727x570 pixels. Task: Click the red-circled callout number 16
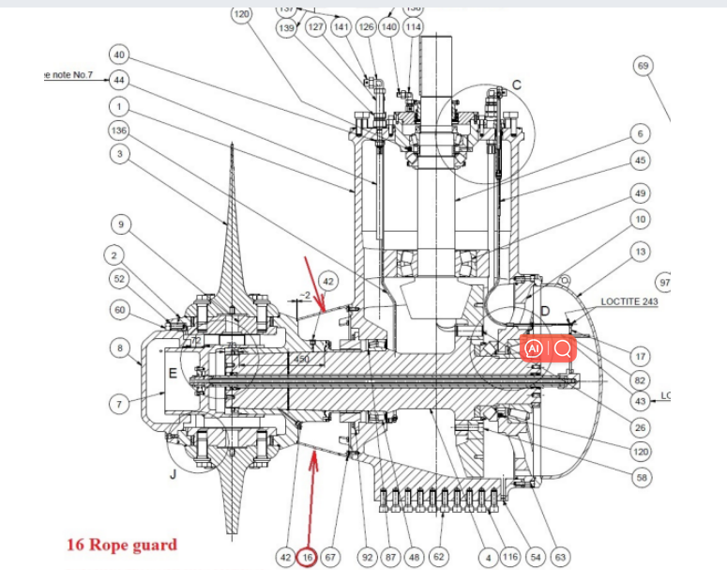point(309,557)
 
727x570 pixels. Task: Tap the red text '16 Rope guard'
point(121,544)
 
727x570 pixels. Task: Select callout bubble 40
point(119,54)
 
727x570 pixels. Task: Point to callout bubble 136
point(119,130)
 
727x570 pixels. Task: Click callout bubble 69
point(643,66)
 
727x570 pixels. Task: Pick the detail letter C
point(516,85)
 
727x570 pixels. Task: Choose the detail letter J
point(173,474)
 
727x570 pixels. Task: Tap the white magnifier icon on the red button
point(563,349)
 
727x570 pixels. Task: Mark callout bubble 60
point(119,310)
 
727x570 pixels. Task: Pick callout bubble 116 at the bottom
point(510,557)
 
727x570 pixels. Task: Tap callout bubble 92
point(368,557)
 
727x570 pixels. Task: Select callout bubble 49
point(641,193)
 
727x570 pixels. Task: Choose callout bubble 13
point(641,252)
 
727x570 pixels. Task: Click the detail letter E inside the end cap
point(172,374)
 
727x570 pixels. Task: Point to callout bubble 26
point(641,428)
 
